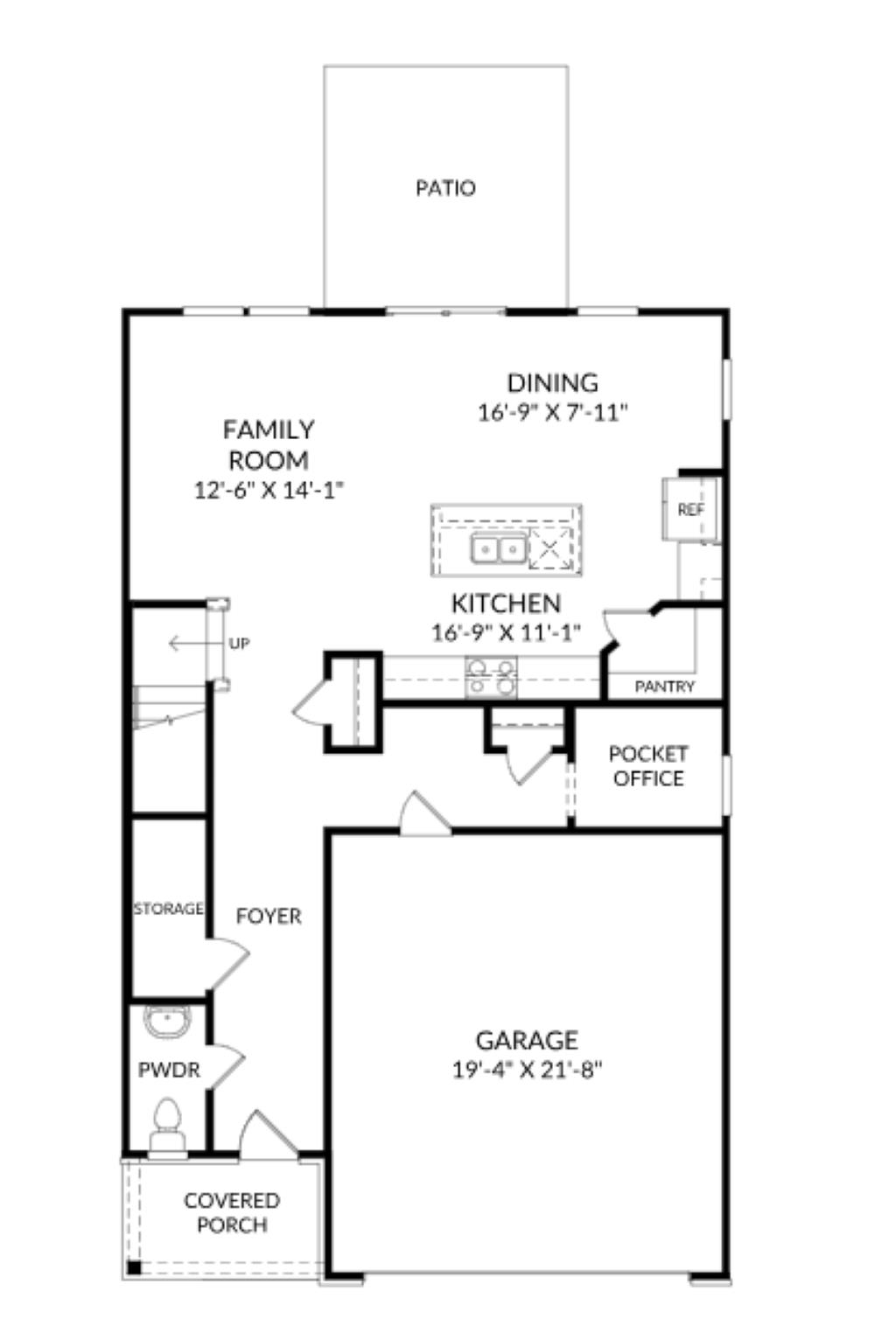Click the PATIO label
pyautogui.click(x=445, y=188)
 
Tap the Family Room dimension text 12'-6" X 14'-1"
pyautogui.click(x=268, y=490)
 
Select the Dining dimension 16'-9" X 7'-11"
pyautogui.click(x=553, y=412)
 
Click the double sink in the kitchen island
pyautogui.click(x=497, y=549)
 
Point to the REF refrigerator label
pyautogui.click(x=690, y=509)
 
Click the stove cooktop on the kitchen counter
pyautogui.click(x=491, y=677)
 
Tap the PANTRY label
pyautogui.click(x=664, y=687)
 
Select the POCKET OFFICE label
pyautogui.click(x=647, y=766)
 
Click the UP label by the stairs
pyautogui.click(x=239, y=644)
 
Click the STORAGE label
pyautogui.click(x=168, y=909)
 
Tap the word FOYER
pyautogui.click(x=269, y=916)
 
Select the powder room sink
pyautogui.click(x=166, y=1022)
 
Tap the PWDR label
pyautogui.click(x=169, y=1070)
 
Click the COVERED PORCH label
pyautogui.click(x=232, y=1212)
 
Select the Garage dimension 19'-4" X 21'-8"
pyautogui.click(x=527, y=1070)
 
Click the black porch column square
pyautogui.click(x=134, y=1266)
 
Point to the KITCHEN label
pyautogui.click(x=506, y=604)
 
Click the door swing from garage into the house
pyautogui.click(x=423, y=813)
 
